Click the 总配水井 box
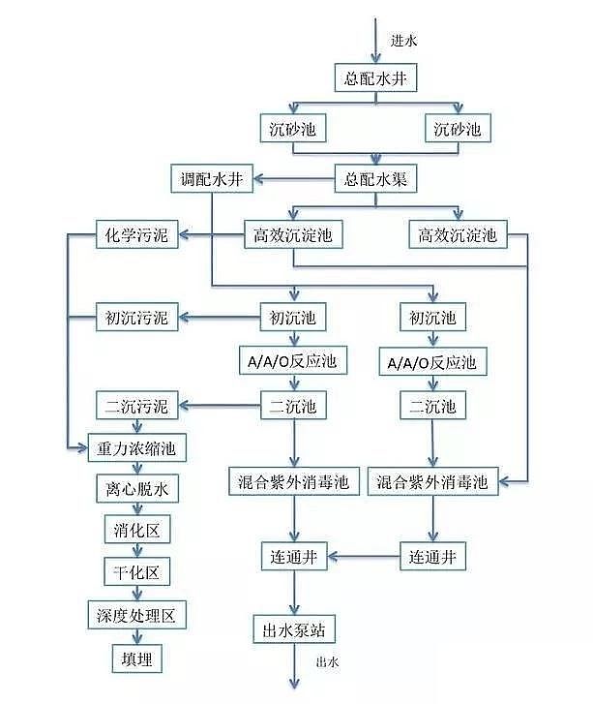[x=375, y=78]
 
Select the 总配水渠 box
[x=375, y=178]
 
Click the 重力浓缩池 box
[x=134, y=448]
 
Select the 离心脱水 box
[x=136, y=490]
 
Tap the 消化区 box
[x=136, y=531]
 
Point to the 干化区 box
[x=136, y=572]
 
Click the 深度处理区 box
[x=134, y=616]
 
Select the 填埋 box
[x=136, y=658]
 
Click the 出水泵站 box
[x=294, y=629]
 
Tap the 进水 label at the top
[x=403, y=41]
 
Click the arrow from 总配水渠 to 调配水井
[x=295, y=178]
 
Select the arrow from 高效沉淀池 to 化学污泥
[x=213, y=234]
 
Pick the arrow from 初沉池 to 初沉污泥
[x=219, y=317]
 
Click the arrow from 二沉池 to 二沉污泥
[x=219, y=405]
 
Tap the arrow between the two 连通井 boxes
[x=365, y=556]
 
